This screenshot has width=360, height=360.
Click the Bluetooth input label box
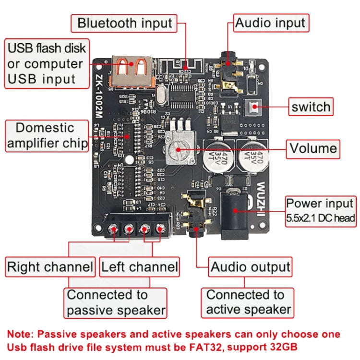coord(125,23)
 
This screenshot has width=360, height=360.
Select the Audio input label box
coord(270,23)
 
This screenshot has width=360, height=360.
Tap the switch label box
coord(311,107)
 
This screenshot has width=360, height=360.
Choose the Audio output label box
coord(251,267)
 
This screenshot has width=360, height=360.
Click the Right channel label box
coord(49,267)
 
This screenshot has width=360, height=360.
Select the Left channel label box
coord(139,267)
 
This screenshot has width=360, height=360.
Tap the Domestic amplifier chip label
coord(45,136)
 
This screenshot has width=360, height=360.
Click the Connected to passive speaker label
coord(116,302)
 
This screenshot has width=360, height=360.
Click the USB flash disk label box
coord(46,64)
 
